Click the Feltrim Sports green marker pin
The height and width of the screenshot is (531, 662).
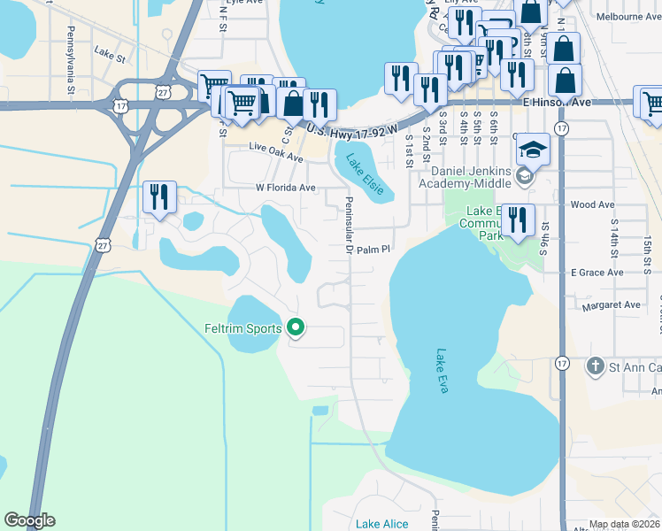pos(296,329)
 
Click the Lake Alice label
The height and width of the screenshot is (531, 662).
pos(382,524)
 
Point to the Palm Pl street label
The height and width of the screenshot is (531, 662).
pos(373,250)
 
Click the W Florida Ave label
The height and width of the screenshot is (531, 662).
pos(285,188)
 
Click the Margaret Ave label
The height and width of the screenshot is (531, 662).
pos(611,305)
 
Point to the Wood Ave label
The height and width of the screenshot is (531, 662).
pos(593,204)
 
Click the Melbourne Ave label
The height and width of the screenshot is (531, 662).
pos(628,17)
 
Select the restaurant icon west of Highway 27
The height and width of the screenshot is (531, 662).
pos(159,196)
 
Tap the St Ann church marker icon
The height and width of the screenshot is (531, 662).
pos(596,366)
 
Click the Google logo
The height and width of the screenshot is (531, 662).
pos(29,520)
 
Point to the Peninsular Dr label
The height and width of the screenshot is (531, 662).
pos(349,227)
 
